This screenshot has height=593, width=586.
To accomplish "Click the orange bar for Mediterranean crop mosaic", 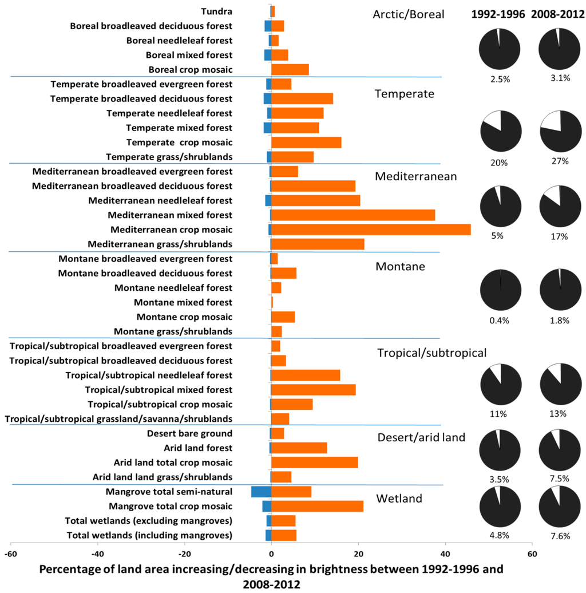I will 371,230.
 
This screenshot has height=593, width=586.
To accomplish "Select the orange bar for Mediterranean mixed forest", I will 353,215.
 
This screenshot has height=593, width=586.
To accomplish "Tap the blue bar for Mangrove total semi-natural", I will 261,492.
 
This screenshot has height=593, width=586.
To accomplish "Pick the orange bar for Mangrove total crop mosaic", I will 317,506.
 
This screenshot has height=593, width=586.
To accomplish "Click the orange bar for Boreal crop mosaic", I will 290,70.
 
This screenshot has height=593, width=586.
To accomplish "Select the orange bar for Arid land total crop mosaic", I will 314,462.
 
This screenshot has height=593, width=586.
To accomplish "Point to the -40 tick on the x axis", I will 97,554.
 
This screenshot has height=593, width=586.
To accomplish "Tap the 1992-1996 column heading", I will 497,15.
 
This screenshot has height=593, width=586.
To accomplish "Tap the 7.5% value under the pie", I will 559,479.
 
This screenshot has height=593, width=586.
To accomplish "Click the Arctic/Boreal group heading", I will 408,14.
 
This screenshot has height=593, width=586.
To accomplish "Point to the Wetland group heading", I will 399,499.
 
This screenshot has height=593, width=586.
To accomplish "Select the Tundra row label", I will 217,11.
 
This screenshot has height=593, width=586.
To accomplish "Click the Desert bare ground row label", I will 189,433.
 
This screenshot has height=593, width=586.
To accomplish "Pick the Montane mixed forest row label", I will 183,302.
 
